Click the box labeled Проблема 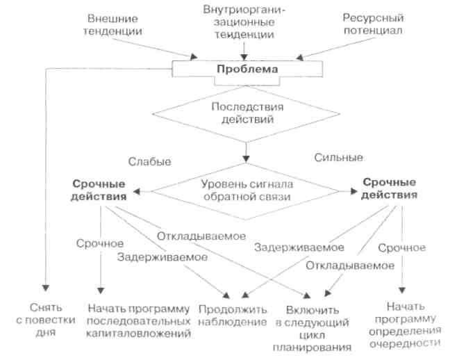pos(247,70)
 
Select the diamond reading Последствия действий pos(246,113)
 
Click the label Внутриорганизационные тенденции pos(245,23)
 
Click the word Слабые pos(149,161)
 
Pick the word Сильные pos(338,157)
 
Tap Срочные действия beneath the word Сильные pos(390,188)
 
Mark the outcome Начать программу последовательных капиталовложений pos(139,320)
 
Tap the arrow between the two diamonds pos(245,151)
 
